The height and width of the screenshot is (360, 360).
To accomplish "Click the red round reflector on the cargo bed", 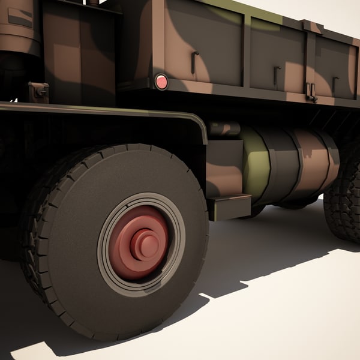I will click(x=161, y=82).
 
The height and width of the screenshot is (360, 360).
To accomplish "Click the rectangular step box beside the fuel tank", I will click(x=229, y=206).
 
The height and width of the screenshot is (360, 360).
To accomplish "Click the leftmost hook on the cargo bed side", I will click(x=194, y=62).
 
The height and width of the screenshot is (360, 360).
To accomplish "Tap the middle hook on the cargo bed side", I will click(x=277, y=75).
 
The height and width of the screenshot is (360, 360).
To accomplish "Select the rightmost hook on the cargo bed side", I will click(x=334, y=84).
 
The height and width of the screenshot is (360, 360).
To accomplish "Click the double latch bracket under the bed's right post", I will click(x=311, y=92).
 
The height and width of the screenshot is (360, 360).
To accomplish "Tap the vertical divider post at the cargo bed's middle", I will click(x=246, y=51).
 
